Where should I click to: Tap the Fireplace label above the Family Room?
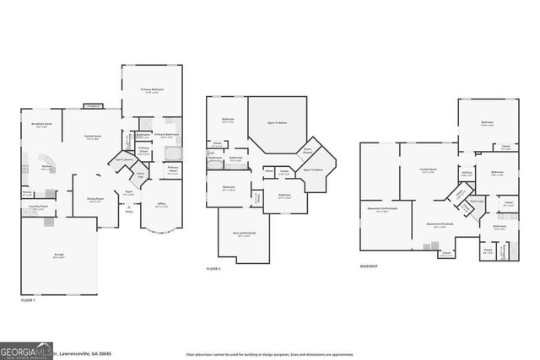pos(92,106)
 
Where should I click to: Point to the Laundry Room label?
pos(36,205)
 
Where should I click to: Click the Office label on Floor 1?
pos(162,204)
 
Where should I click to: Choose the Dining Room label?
pos(95,200)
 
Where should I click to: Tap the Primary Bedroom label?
pos(152,92)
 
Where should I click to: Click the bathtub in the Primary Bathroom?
pos(172,153)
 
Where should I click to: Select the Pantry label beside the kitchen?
pos(27,192)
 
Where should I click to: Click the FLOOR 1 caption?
pos(27,300)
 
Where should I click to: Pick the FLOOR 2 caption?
pos(214,269)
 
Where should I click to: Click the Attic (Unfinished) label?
pos(245,234)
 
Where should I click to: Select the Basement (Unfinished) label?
pos(383,210)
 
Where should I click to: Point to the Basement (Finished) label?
pos(438,224)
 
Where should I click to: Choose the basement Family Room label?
pos(429,170)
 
